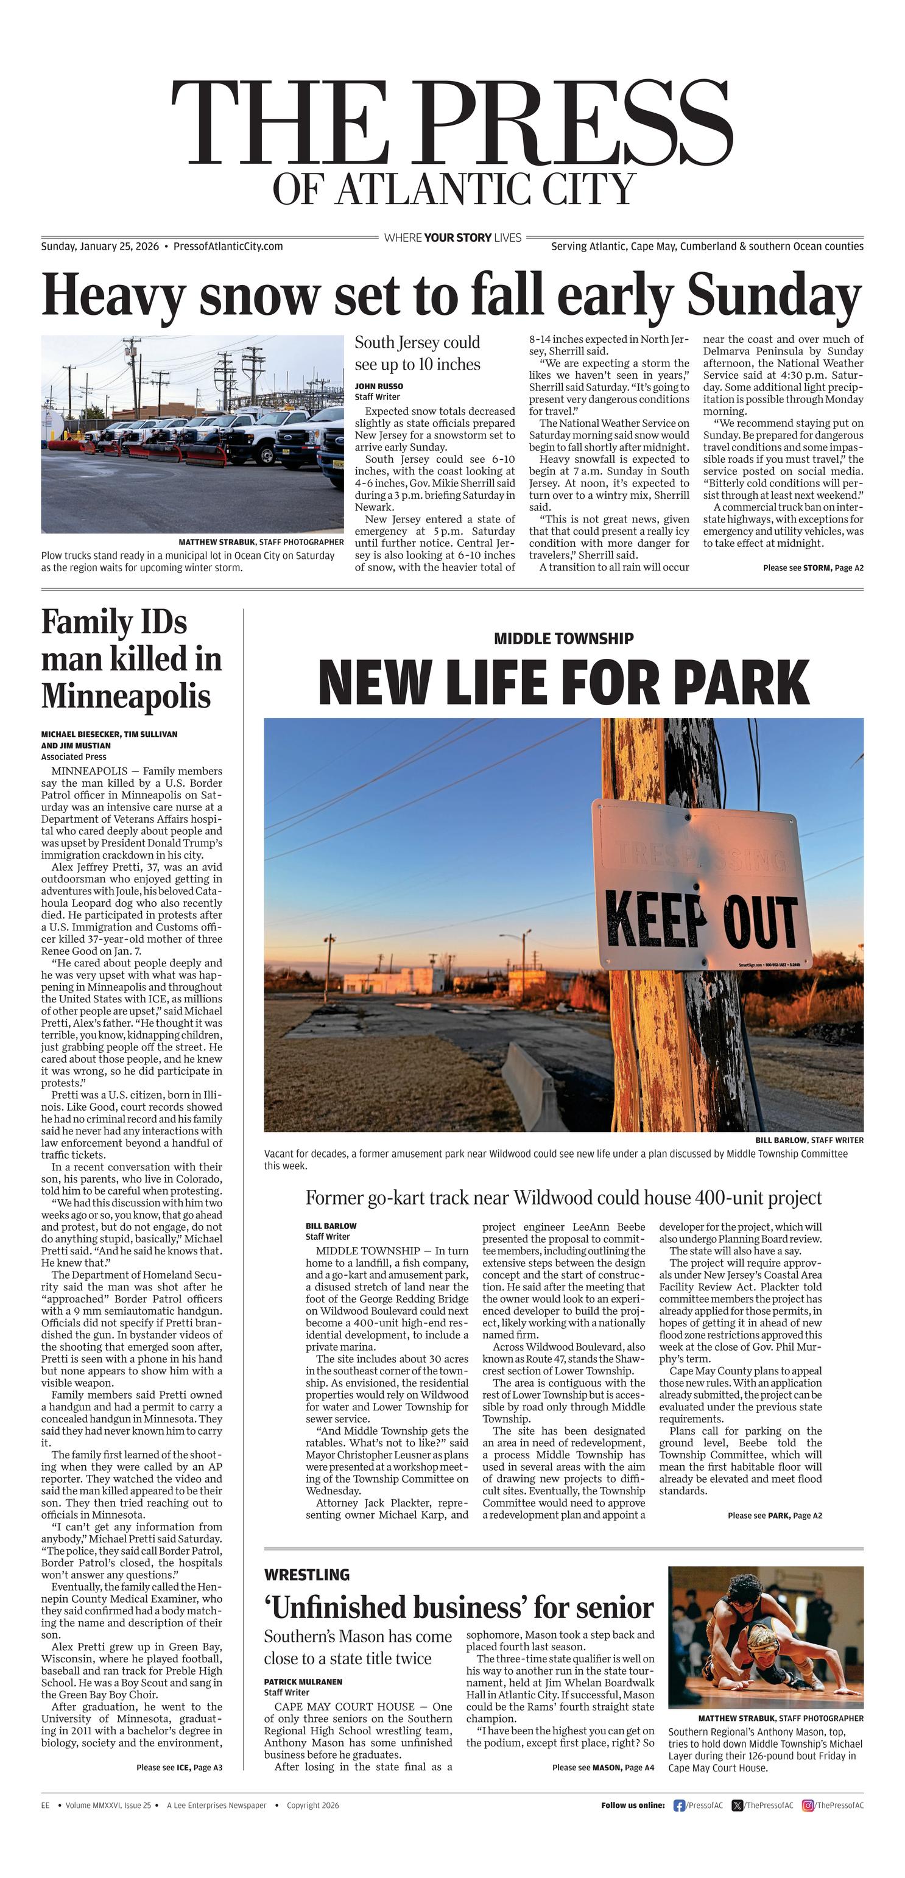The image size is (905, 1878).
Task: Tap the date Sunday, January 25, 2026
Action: click(x=100, y=247)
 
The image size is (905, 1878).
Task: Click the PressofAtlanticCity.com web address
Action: click(x=228, y=247)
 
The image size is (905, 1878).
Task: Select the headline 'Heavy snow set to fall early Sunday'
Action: click(x=452, y=295)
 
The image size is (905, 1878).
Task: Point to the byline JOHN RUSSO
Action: click(x=378, y=385)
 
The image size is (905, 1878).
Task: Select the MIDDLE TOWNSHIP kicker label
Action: click(x=564, y=639)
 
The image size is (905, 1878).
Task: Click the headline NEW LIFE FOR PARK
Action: click(x=564, y=681)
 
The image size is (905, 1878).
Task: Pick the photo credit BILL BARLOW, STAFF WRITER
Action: click(x=809, y=1140)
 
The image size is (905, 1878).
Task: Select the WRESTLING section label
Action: click(x=307, y=1575)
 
